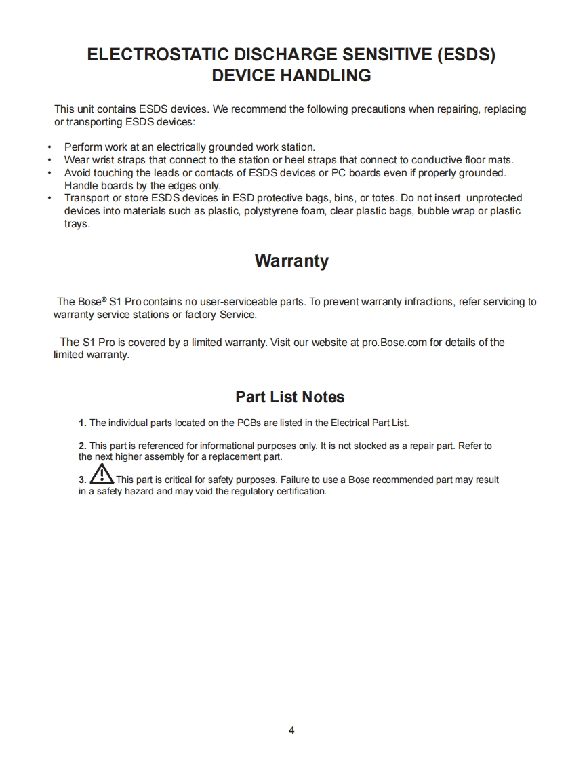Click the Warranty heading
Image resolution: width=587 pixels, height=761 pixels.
point(291,261)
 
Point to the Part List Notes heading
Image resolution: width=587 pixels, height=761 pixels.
point(289,397)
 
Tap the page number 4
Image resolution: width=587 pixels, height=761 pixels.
point(291,730)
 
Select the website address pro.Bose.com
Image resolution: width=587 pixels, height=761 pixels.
point(394,343)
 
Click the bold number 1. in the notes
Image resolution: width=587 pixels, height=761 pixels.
point(83,423)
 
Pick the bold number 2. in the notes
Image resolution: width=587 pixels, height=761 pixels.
point(83,446)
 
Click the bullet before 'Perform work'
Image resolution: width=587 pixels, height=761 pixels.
point(50,147)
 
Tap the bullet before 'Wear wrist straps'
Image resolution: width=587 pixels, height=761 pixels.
point(50,160)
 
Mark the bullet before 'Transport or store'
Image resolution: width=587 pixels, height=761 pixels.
point(50,198)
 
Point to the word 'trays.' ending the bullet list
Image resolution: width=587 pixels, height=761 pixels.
point(77,224)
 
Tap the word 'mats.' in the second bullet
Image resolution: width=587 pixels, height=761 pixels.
point(501,160)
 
